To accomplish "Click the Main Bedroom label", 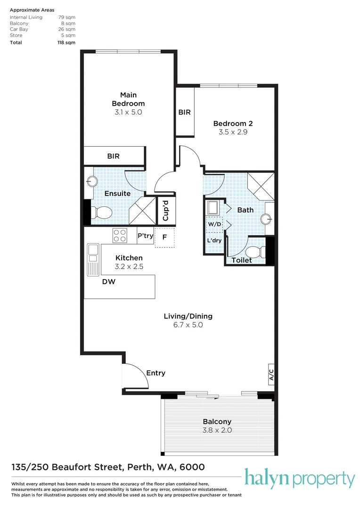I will tap(128, 99).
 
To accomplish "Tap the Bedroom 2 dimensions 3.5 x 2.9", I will tap(233, 132).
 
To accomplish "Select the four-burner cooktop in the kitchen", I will tap(119, 235).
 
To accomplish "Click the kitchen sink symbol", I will tap(92, 255).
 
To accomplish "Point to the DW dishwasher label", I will tap(109, 281).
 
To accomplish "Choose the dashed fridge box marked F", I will tap(164, 238).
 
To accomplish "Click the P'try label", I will tap(145, 236).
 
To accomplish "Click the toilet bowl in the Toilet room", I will tap(254, 252).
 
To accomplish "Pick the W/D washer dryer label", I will tap(214, 224).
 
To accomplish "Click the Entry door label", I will tap(155, 373).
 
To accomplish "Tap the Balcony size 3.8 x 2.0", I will tap(217, 430).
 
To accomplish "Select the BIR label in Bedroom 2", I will tap(184, 112).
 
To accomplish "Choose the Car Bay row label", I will tap(19, 29).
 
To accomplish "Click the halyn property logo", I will tap(299, 479).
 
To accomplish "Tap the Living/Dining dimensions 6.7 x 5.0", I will tap(188, 325).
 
